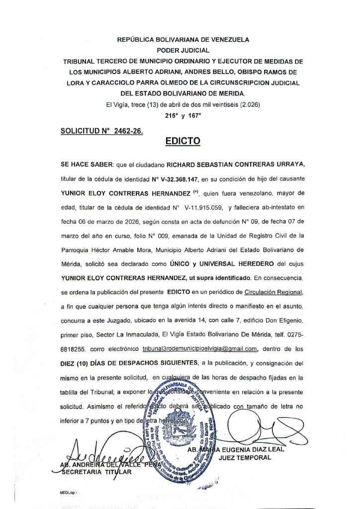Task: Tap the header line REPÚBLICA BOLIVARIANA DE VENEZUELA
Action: (182, 39)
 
